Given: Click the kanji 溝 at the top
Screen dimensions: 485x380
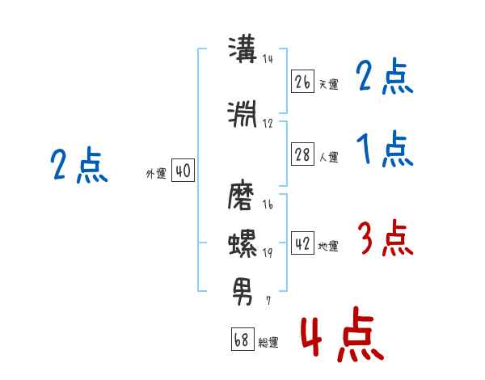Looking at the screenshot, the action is [242, 49].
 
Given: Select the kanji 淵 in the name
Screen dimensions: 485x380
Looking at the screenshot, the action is [242, 114].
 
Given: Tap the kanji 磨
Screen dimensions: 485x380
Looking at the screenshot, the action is [241, 196].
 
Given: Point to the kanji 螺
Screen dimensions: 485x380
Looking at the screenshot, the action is [242, 243].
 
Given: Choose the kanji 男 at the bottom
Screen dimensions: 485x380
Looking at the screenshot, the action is [242, 292].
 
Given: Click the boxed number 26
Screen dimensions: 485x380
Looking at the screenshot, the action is [302, 82].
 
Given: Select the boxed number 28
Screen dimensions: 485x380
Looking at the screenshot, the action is [302, 154].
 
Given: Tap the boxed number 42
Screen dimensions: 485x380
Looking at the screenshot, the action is [302, 243].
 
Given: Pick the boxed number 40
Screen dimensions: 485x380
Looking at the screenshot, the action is [183, 171].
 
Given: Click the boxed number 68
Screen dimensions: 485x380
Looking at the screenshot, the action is [242, 339].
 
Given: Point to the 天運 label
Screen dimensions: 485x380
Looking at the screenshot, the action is [329, 84].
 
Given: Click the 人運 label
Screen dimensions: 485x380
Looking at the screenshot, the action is [329, 157].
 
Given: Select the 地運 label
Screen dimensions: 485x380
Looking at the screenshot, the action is [328, 246].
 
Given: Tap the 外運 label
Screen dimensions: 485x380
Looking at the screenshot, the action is [156, 174].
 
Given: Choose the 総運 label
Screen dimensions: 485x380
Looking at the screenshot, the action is [268, 342].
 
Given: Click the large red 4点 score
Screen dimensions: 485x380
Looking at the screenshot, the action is [342, 335].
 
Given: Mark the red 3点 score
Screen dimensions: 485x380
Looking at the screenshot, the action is [385, 238].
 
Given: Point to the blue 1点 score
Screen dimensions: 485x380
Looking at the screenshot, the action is [385, 149].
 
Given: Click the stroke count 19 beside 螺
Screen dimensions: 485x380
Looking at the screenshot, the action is [268, 252].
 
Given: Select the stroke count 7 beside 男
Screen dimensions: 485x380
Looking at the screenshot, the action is [268, 300].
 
